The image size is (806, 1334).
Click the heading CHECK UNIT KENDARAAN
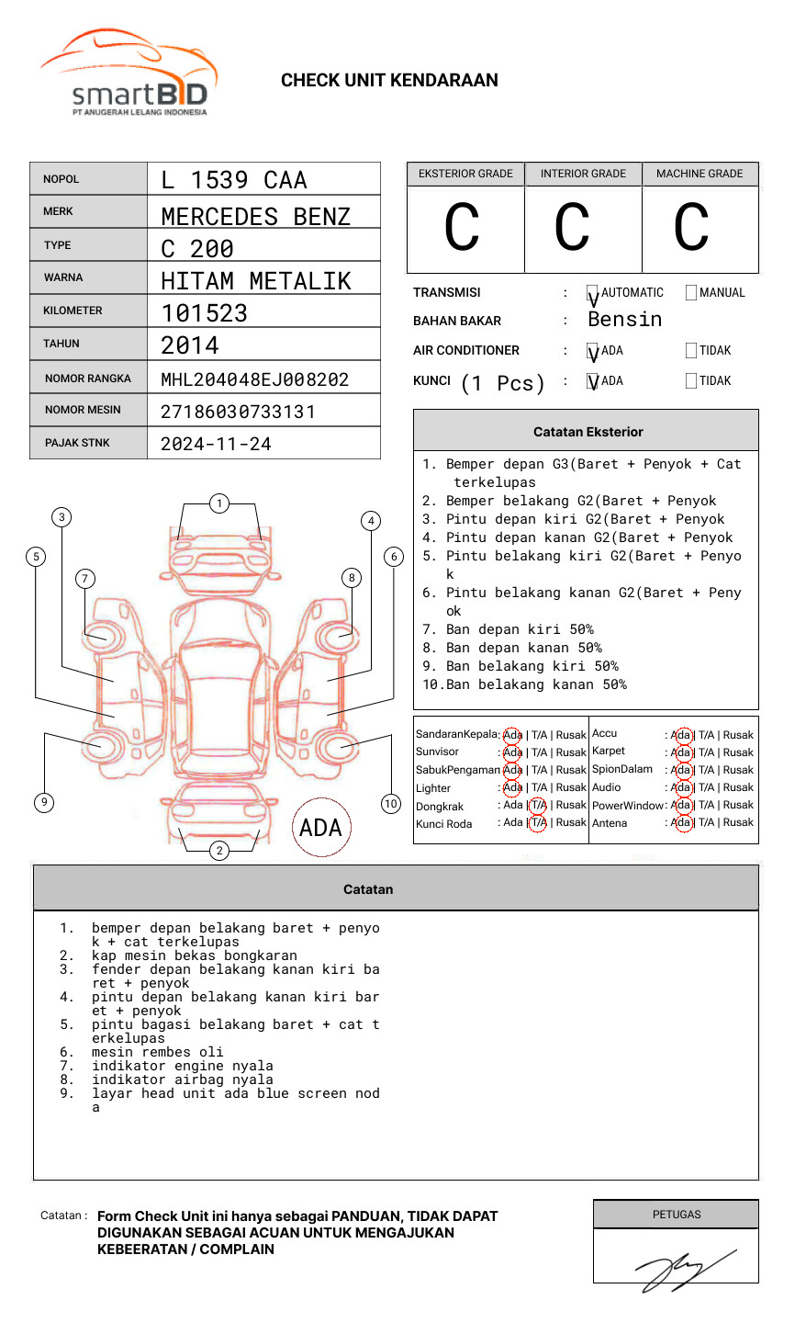coord(389,81)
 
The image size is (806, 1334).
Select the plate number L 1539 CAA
coord(234,180)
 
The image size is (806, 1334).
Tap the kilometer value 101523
coord(205,313)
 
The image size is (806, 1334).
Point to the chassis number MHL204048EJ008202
coord(255,379)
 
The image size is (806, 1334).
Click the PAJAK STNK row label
coord(77,443)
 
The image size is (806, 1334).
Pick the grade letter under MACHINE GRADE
coord(690,228)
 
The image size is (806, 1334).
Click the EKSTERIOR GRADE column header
coord(465,174)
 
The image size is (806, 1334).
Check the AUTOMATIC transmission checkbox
coord(593,293)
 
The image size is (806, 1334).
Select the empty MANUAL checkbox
coord(691,293)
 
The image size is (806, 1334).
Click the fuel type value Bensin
coord(624,320)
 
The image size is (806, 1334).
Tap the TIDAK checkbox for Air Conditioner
coord(691,351)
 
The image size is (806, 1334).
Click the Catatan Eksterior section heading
coord(588,432)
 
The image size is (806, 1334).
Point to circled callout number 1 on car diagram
coord(218,503)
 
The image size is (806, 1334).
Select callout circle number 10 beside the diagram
coord(391,804)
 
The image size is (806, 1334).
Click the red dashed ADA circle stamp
coord(320,828)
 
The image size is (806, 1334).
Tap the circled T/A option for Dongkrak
coord(538,806)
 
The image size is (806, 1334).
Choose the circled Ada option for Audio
coord(681,787)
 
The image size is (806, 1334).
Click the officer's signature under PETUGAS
coord(683,1268)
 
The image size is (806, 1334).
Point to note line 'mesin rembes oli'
coord(157,1052)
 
